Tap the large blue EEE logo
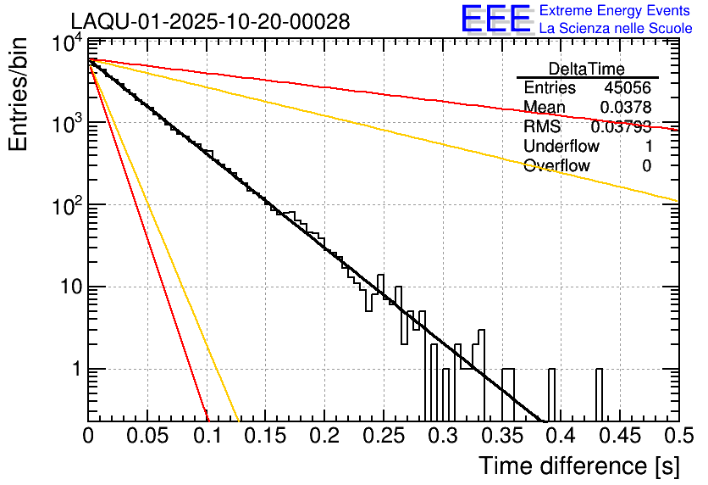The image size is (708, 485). pos(495,20)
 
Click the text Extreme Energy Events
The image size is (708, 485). pos(616,11)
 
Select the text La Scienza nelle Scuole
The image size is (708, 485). pos(616,28)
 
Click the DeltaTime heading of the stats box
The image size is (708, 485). pos(587,69)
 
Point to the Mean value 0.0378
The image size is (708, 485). pos(625,108)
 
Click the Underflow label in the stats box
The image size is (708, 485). pos(561,146)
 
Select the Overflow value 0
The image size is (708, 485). pos(646,165)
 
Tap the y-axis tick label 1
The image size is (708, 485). pos(75,370)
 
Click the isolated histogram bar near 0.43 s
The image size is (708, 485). pos(599,394)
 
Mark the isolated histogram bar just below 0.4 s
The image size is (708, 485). pos(552,394)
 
